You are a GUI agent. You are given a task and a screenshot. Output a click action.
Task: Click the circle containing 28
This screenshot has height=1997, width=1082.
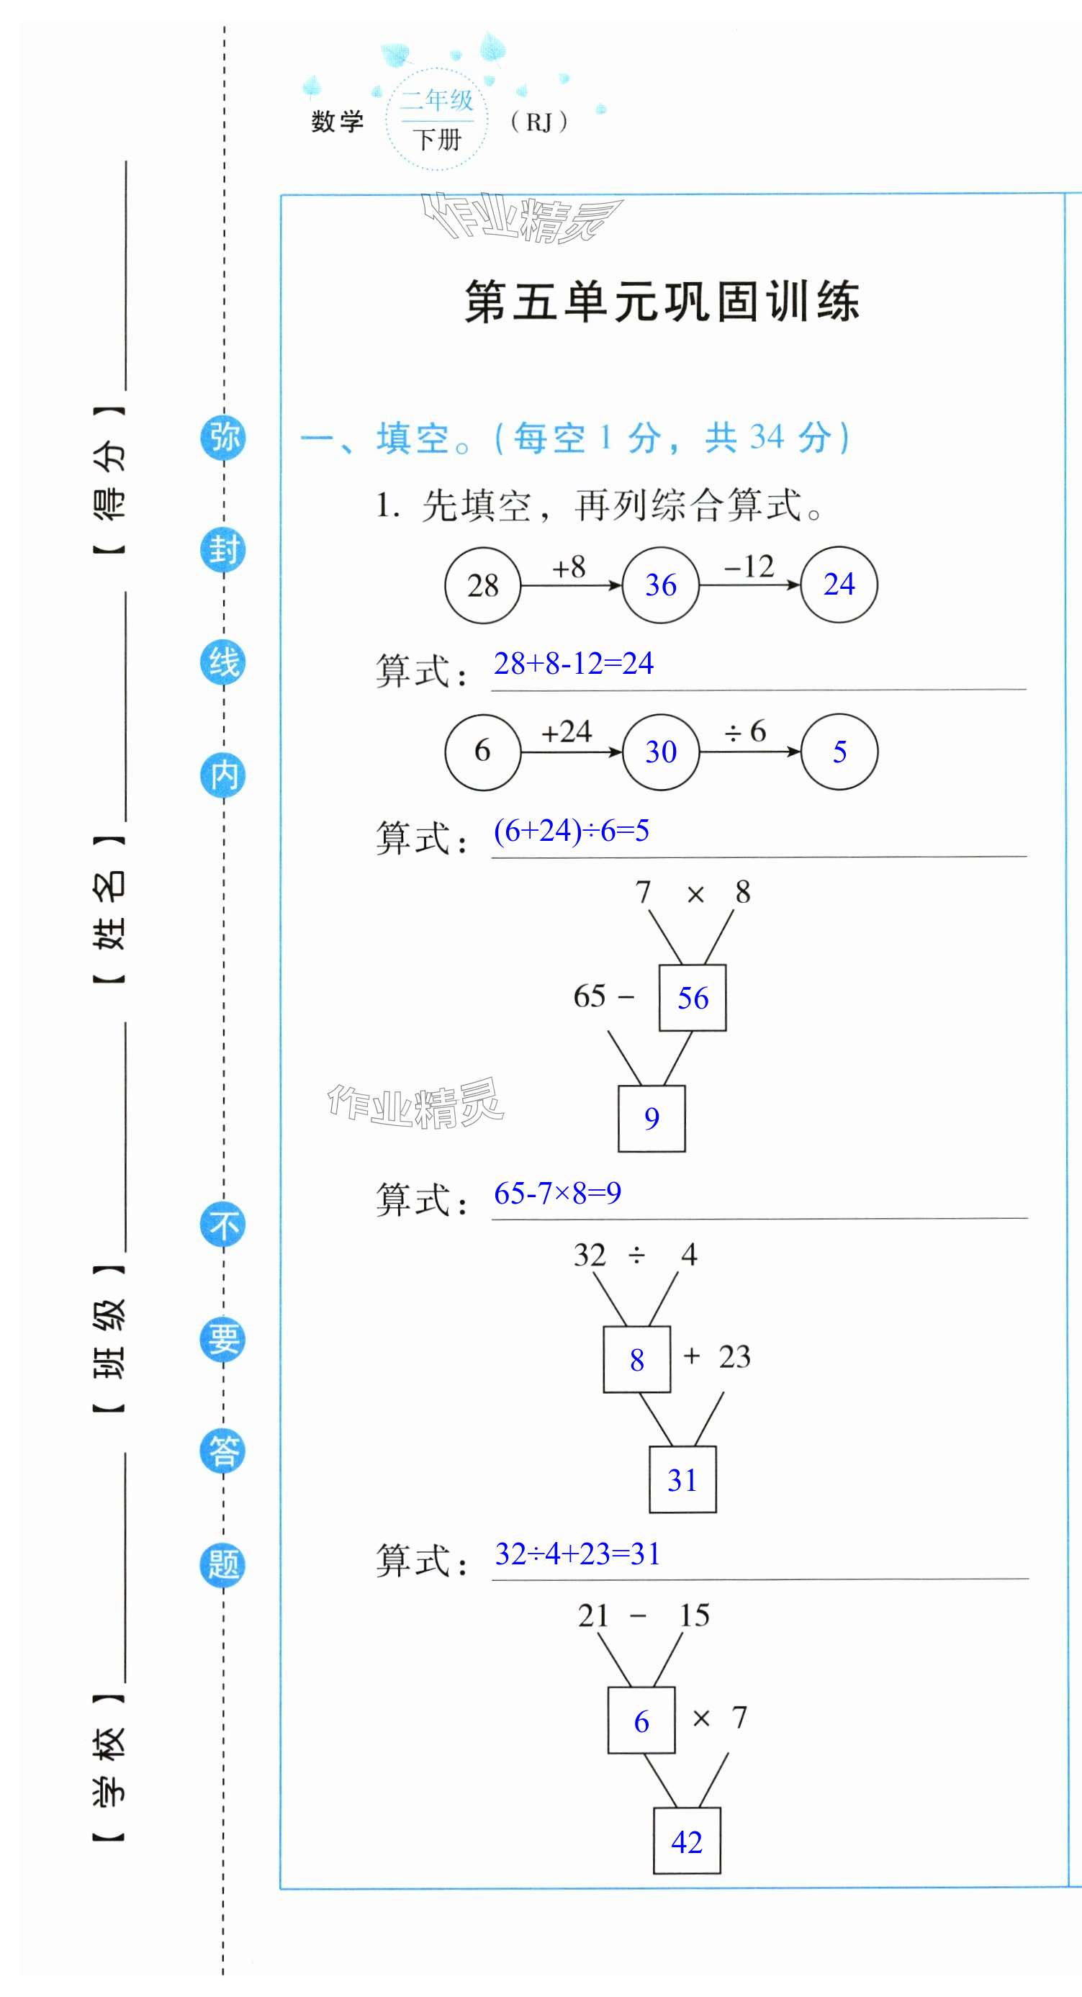coord(482,585)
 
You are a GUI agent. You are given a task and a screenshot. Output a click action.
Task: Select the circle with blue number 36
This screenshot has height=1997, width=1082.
coord(660,585)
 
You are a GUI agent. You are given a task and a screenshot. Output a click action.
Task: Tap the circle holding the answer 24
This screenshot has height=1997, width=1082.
coord(839,585)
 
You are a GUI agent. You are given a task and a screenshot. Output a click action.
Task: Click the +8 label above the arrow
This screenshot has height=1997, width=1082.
coord(569,567)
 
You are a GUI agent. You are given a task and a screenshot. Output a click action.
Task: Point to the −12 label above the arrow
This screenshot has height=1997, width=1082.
coord(748,567)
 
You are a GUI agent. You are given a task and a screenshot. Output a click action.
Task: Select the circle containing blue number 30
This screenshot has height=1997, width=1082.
coord(660,751)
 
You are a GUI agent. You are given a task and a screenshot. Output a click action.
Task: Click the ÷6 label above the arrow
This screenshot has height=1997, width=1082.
coord(745,731)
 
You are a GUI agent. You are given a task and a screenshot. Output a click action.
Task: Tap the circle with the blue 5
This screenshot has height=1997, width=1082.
coord(839,751)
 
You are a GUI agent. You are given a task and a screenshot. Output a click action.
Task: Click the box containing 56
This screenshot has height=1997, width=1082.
coord(692,998)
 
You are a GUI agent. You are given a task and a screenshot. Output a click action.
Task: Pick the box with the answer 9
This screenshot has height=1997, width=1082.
coord(651,1118)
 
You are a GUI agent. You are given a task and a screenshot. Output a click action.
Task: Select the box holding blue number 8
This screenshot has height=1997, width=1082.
coord(636,1360)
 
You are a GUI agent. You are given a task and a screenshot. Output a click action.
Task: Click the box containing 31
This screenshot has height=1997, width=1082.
coord(682,1480)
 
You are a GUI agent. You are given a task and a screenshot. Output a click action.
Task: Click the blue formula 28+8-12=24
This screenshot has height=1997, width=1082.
coord(574,664)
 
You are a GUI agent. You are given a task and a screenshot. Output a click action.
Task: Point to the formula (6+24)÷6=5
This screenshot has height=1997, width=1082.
coord(571,831)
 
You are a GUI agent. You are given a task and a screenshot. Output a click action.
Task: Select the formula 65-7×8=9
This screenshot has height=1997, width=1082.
coord(557,1193)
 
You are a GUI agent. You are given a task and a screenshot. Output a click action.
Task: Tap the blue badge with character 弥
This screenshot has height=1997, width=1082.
coord(223,437)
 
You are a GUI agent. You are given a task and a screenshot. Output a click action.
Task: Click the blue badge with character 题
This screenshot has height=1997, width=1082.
coord(223,1564)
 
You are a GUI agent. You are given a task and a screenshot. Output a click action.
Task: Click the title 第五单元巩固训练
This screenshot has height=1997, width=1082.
coord(661,301)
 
